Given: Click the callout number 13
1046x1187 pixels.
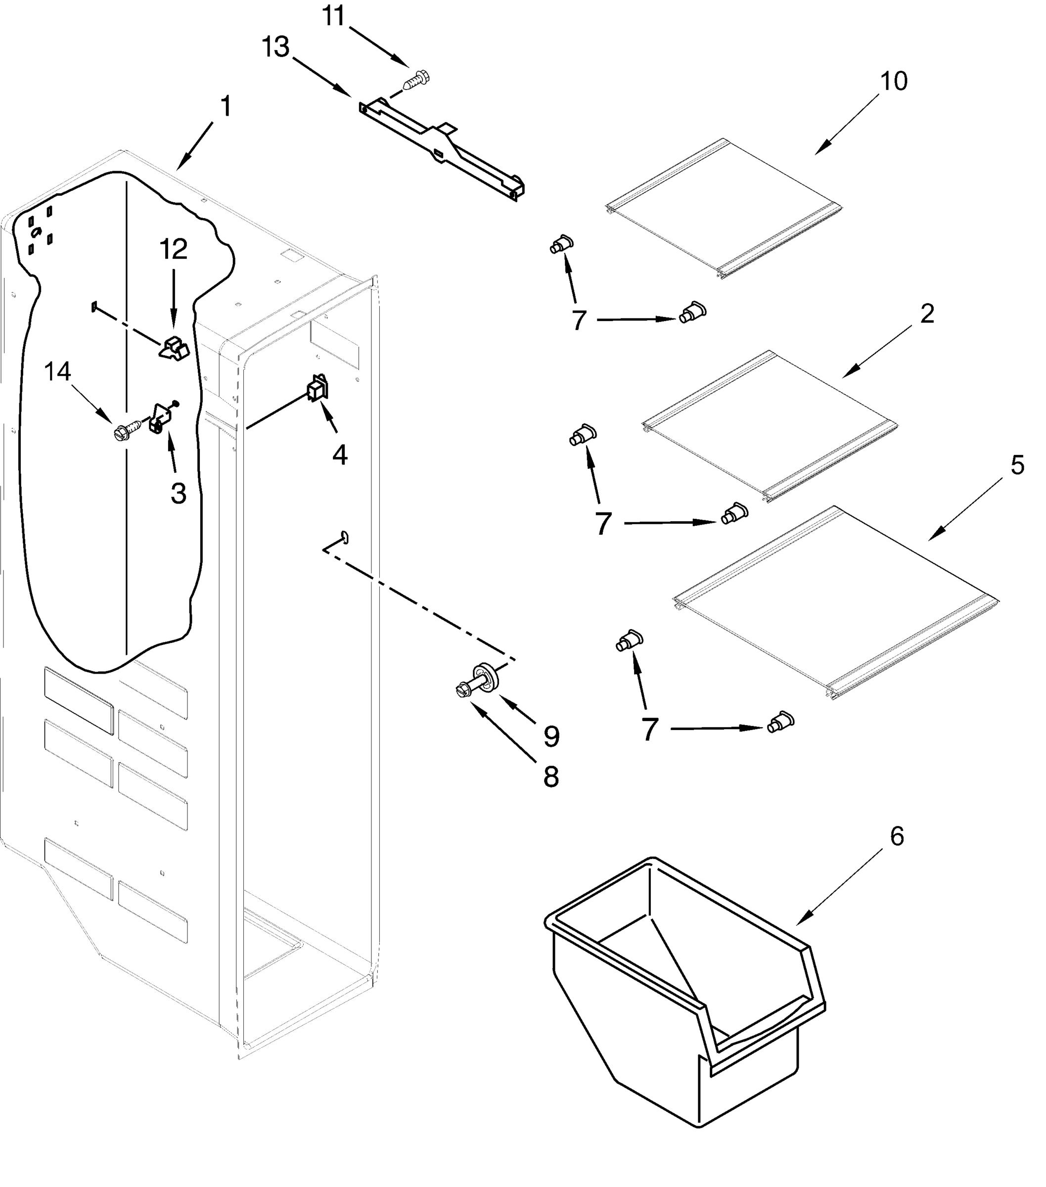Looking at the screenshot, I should tap(275, 47).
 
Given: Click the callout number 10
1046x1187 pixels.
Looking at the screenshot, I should tap(894, 82).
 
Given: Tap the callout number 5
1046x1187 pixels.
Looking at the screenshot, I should tap(1017, 464).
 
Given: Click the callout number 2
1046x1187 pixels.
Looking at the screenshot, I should tap(927, 314).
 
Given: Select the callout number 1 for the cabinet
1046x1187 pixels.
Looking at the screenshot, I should tap(226, 107).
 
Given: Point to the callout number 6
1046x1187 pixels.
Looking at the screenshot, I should tap(897, 836).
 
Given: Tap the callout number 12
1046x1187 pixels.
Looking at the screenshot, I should tap(173, 249).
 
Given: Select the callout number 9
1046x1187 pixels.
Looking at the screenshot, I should tap(550, 736).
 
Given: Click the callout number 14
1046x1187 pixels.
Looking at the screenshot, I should tap(57, 371).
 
